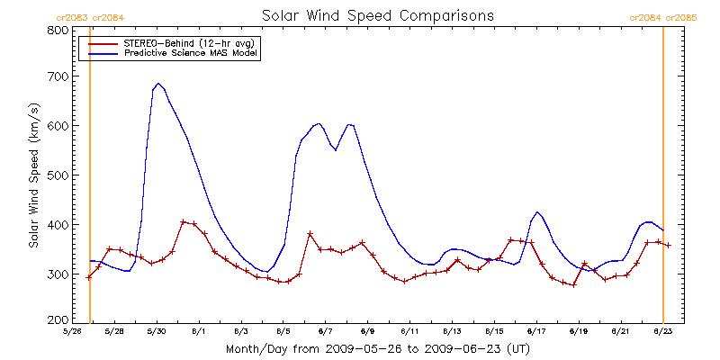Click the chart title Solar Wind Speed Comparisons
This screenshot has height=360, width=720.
click(377, 16)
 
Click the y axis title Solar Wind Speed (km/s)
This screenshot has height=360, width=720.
click(33, 175)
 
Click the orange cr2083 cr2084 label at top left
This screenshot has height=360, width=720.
click(90, 17)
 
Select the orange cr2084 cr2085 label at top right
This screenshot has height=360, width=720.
click(663, 17)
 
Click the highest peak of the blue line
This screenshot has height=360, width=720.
click(158, 84)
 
